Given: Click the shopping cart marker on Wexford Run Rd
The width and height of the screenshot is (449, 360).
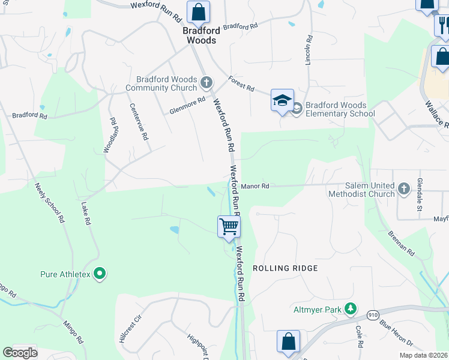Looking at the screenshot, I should click(x=229, y=227).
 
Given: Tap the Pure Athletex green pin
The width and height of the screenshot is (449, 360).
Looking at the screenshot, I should click(x=100, y=275).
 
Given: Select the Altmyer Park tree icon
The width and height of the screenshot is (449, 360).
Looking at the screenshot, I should click(x=351, y=310).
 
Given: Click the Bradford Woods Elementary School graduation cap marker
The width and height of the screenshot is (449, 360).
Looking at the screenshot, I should click(x=282, y=100).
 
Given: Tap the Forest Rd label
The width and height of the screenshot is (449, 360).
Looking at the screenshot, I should click(x=241, y=83).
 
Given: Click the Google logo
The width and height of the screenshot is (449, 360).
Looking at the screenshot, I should click(x=20, y=352).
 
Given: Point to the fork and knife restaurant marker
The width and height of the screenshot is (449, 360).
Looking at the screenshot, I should click(x=442, y=25).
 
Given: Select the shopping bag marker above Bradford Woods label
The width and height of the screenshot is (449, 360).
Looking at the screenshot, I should click(x=198, y=11).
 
